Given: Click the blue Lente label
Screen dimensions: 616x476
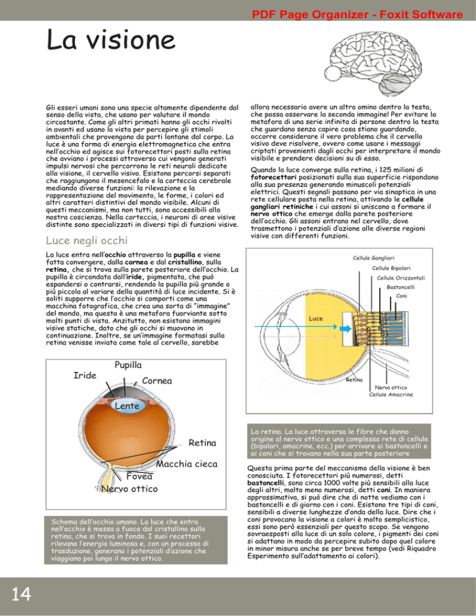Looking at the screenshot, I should tap(126, 405).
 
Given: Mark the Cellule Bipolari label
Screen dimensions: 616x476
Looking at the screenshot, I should tap(392, 268).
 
